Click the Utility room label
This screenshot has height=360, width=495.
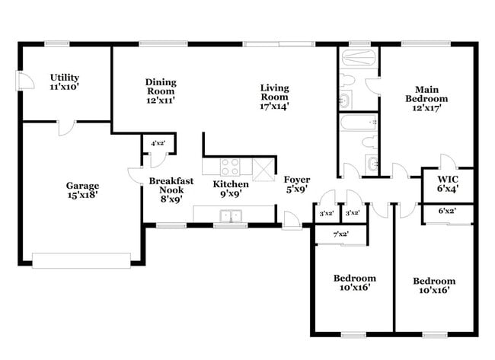click(65, 83)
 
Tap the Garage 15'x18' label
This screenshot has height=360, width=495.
click(81, 190)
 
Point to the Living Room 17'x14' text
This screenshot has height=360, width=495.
click(275, 97)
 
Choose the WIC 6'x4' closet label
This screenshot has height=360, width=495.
click(446, 183)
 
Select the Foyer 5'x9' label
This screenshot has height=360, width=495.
click(296, 185)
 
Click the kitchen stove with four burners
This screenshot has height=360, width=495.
click(232, 166)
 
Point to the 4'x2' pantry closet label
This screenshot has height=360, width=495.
click(158, 143)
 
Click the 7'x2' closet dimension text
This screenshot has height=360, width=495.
click(340, 234)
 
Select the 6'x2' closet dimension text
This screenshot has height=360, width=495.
click(446, 211)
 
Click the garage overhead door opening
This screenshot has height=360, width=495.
click(81, 261)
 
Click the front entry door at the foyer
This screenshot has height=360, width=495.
click(291, 221)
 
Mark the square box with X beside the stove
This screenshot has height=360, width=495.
click(263, 170)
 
